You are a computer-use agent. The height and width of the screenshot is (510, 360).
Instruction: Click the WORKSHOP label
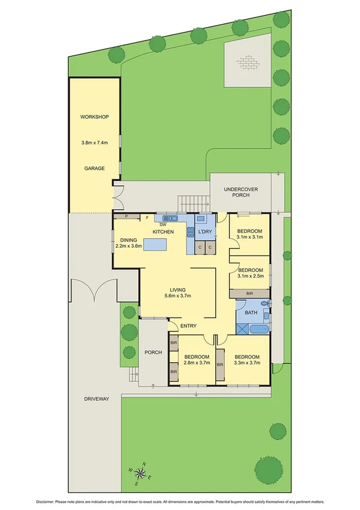click(94, 116)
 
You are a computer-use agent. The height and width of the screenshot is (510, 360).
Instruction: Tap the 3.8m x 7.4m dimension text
click(94, 143)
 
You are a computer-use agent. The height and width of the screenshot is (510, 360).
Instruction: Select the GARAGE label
click(94, 169)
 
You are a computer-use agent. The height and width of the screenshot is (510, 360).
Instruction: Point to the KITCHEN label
click(163, 232)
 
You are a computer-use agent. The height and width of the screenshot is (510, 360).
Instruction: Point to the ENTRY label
click(189, 326)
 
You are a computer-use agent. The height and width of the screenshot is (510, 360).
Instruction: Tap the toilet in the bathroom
click(266, 303)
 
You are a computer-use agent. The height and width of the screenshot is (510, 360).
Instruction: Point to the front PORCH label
click(153, 352)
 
